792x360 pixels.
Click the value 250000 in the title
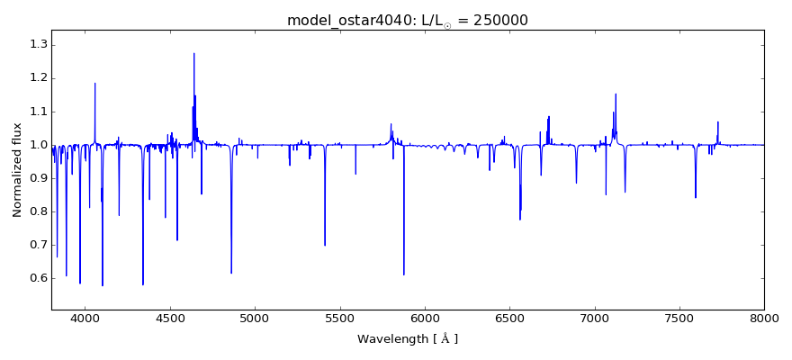[495, 20]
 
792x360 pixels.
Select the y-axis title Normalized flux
[18, 169]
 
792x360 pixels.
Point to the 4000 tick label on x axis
[85, 318]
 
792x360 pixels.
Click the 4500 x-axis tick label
[170, 318]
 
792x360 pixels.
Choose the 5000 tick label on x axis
[255, 318]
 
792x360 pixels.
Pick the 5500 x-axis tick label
[340, 318]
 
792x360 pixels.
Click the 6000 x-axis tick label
[425, 318]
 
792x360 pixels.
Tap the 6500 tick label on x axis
[509, 318]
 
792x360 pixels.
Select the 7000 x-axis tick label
[595, 318]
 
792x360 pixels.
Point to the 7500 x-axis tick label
[679, 318]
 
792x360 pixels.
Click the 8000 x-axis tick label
[764, 318]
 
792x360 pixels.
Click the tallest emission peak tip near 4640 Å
[193, 53]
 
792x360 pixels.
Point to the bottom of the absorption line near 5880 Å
[404, 274]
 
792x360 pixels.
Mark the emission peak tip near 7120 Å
[616, 94]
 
